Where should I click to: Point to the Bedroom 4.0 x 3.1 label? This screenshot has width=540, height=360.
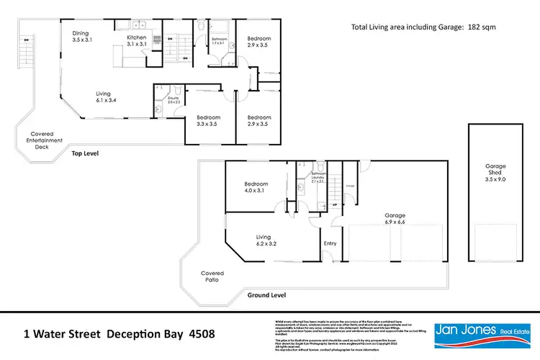pyautogui.click(x=256, y=187)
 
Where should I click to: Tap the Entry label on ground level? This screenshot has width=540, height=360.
pyautogui.click(x=330, y=243)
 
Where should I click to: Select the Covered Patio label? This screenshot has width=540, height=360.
pyautogui.click(x=212, y=277)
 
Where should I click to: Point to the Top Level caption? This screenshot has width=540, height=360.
pyautogui.click(x=84, y=153)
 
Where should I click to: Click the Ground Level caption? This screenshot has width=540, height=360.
pyautogui.click(x=266, y=295)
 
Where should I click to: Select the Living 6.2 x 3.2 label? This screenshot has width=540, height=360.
pyautogui.click(x=266, y=240)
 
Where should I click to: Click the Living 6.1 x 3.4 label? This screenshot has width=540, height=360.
pyautogui.click(x=108, y=96)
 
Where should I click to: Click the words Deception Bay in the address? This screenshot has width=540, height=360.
pyautogui.click(x=142, y=334)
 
